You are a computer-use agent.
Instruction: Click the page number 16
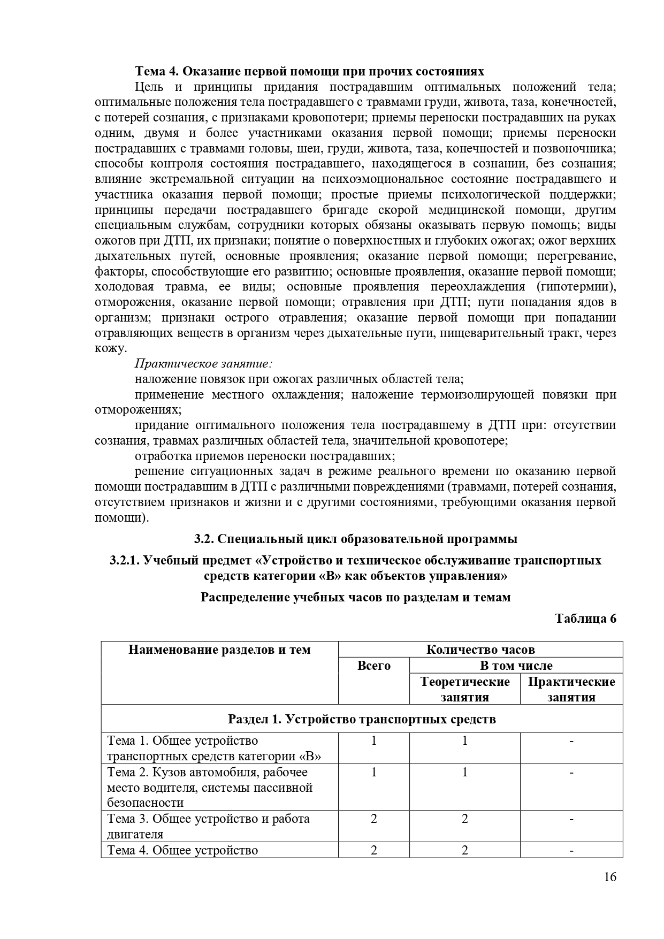(x=610, y=891)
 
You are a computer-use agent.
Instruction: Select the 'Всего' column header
(x=373, y=666)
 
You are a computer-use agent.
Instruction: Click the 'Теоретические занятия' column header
(x=464, y=689)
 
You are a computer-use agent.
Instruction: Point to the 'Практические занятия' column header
(x=571, y=689)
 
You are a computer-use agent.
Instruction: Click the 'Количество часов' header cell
(x=480, y=650)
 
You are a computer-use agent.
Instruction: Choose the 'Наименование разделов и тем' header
(x=219, y=650)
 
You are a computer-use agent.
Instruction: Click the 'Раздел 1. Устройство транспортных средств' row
(x=362, y=719)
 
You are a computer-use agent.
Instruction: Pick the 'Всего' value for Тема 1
(x=373, y=740)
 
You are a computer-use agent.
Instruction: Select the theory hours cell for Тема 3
(x=464, y=819)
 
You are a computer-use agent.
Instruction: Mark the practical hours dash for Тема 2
(x=571, y=772)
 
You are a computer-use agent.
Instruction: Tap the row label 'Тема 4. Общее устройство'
(x=182, y=850)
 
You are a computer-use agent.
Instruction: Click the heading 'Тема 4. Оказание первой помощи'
(x=309, y=72)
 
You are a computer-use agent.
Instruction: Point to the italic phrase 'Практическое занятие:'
(x=204, y=364)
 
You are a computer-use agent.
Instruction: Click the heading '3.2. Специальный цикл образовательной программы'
(x=355, y=539)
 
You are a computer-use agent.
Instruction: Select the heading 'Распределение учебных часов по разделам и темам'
(x=355, y=597)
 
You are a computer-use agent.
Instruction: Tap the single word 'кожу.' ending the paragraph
(x=111, y=348)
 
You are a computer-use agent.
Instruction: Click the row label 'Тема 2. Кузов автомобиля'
(x=208, y=772)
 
